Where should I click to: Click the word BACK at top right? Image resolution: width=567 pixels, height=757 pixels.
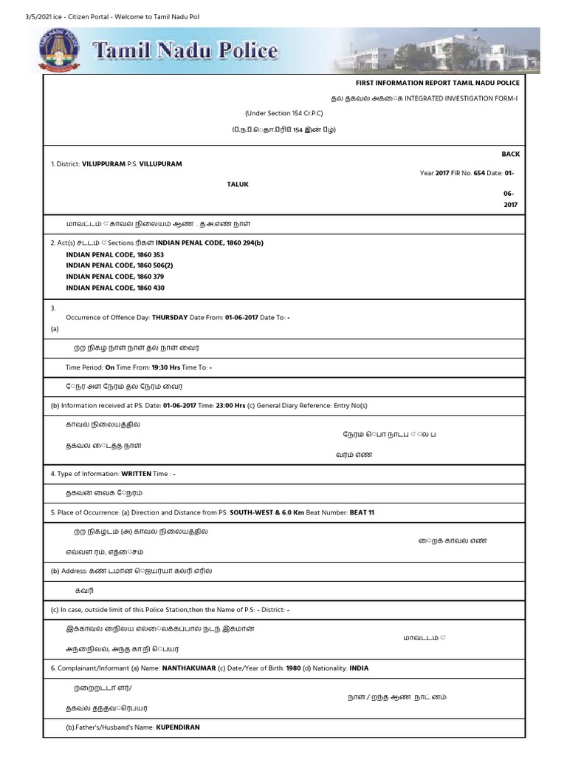click(x=510, y=154)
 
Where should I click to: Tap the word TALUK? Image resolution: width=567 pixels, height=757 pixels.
click(x=238, y=184)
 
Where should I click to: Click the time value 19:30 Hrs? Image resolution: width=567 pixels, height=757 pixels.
click(x=165, y=367)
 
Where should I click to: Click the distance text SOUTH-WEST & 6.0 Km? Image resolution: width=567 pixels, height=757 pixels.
click(x=267, y=512)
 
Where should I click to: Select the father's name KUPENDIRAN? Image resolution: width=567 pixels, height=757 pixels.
click(x=178, y=727)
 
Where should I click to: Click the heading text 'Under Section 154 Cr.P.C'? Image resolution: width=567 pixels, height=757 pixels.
click(x=284, y=113)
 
